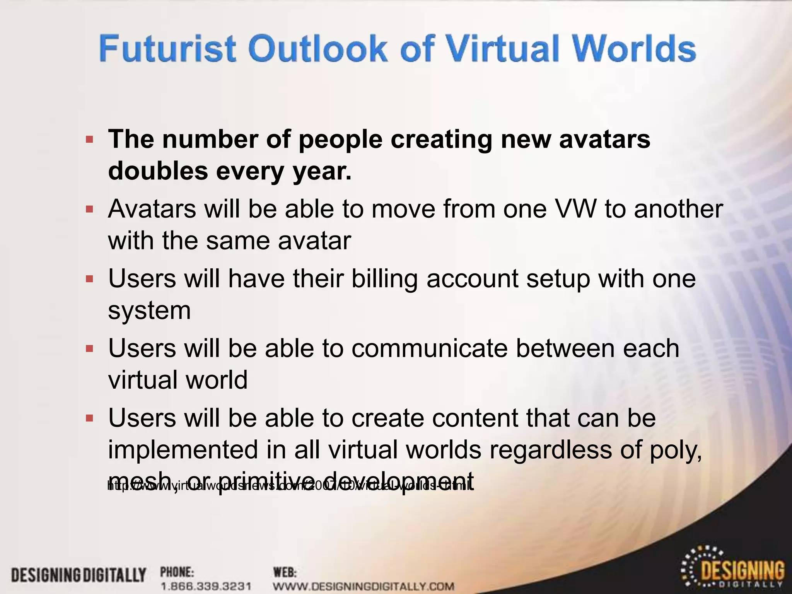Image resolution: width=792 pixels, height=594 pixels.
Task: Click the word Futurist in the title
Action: pos(167,48)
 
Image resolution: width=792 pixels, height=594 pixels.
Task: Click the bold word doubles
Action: pos(158,171)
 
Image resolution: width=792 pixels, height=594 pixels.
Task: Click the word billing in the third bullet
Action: pos(384,278)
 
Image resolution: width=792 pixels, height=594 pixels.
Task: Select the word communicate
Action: pos(429,348)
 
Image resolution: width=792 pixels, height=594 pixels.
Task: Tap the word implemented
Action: pos(183,449)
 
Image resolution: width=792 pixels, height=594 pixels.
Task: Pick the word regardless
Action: pos(550,449)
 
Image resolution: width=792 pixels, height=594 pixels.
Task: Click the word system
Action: pos(149,310)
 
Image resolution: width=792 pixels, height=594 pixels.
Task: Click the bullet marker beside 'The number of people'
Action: pos(90,140)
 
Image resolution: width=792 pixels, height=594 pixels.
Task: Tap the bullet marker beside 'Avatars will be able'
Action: pos(90,210)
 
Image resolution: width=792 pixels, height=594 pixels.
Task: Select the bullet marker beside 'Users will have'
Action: pos(90,279)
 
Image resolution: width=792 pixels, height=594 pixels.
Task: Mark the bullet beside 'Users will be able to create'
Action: pos(90,418)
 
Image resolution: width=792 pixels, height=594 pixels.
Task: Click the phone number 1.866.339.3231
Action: pos(206,586)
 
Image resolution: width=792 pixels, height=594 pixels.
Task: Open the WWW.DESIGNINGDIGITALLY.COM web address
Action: pos(364,586)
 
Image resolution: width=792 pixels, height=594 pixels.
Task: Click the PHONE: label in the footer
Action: pos(177,572)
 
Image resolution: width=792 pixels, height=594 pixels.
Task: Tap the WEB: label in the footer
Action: pos(285,572)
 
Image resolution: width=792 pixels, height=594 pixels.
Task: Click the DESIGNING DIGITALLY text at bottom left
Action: pos(79,575)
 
